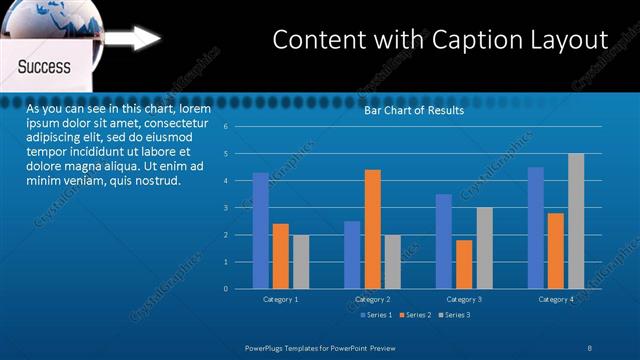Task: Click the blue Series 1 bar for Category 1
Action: pos(260,231)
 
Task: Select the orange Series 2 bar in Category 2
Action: pos(372,229)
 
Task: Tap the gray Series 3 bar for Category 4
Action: pos(576,221)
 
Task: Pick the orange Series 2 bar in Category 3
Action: pos(464,264)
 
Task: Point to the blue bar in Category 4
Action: pos(536,228)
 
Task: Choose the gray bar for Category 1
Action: pos(301,262)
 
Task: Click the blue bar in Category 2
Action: pos(352,255)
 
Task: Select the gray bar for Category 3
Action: pos(484,248)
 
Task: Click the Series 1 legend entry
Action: pos(374,315)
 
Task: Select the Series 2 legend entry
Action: pos(413,315)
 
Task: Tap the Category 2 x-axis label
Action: pos(372,299)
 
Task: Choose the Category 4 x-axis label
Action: pos(556,299)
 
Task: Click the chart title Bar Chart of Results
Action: pos(413,110)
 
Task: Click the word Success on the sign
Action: pos(44,67)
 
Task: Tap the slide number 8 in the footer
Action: pos(590,346)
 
